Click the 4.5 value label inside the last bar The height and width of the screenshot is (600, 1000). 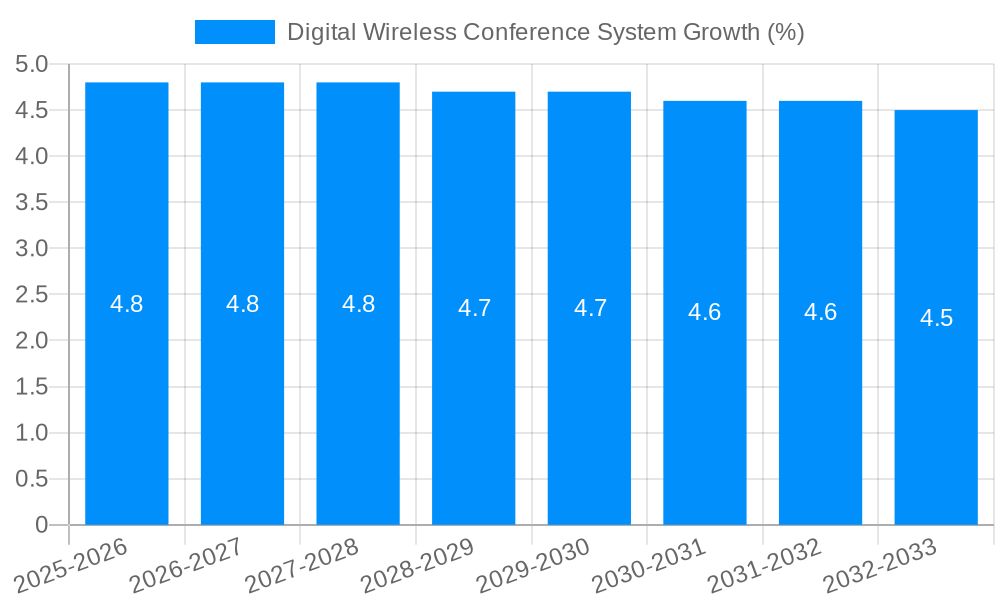click(936, 318)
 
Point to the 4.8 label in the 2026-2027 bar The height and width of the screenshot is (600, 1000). click(243, 304)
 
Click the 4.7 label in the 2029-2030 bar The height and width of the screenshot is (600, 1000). click(590, 308)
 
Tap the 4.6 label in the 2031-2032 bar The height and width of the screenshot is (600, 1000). click(820, 312)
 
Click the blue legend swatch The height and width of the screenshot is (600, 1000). click(234, 32)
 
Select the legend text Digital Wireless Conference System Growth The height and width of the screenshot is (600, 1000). click(545, 32)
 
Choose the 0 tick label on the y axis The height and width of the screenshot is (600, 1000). click(41, 525)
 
